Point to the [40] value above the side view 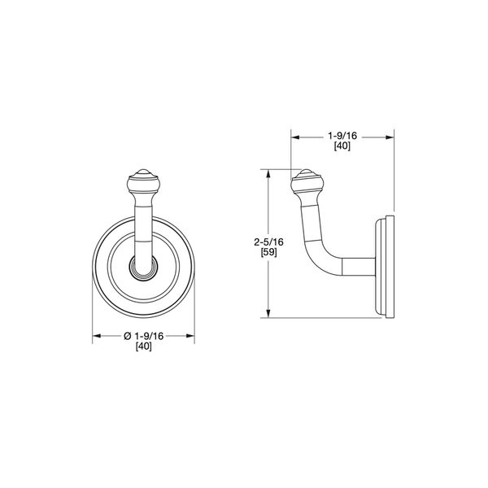343,147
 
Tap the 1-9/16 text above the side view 343,136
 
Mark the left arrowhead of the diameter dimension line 95,334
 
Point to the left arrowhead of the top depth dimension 295,137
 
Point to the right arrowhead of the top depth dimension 392,137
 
